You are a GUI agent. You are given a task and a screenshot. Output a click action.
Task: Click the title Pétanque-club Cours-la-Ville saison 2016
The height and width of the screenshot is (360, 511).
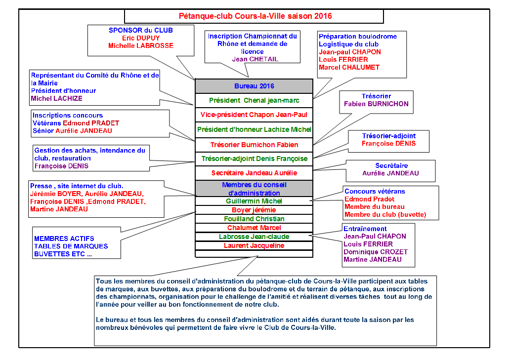point(255,16)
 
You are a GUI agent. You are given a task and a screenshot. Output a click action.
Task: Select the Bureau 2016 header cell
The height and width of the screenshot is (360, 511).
point(254,86)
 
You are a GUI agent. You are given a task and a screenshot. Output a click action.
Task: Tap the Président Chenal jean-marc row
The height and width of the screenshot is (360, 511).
point(254,100)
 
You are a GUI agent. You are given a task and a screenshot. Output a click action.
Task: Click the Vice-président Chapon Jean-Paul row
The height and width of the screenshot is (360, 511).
point(254,115)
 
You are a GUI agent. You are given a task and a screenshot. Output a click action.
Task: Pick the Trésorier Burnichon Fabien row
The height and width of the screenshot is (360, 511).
point(254,145)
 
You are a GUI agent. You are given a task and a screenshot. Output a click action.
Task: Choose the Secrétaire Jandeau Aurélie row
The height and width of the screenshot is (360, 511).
point(254,173)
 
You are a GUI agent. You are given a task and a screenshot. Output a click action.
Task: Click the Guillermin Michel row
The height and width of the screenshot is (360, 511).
point(254,201)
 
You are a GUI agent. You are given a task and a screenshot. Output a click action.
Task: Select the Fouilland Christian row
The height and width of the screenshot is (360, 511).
point(254,219)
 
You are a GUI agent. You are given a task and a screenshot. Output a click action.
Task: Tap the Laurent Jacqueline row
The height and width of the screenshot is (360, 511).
point(254,245)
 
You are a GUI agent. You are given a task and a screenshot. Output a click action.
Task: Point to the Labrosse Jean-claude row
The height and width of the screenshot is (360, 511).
point(254,237)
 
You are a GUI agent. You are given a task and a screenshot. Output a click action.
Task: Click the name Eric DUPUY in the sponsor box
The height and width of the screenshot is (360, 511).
point(141,38)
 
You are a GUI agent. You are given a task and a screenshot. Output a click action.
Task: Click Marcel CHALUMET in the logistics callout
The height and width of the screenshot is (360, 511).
point(349,67)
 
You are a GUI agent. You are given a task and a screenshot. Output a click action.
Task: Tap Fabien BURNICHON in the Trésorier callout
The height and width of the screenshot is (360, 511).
point(377,104)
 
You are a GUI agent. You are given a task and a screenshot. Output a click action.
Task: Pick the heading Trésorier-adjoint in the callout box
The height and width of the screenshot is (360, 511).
point(388,136)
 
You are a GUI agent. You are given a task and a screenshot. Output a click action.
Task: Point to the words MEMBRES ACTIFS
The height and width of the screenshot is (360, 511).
point(64,239)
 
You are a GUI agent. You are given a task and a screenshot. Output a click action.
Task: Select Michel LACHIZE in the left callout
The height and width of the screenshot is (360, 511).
point(56,98)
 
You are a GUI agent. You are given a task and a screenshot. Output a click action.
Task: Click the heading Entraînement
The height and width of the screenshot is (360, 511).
point(365,229)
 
